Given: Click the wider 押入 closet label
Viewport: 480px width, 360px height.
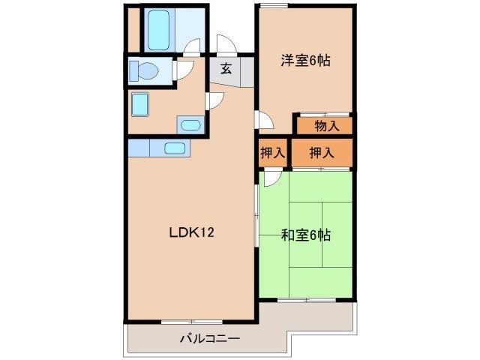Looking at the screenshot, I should (x=322, y=154).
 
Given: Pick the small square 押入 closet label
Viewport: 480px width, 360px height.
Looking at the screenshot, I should (x=272, y=154).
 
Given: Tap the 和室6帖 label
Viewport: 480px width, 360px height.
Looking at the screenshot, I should (x=305, y=235).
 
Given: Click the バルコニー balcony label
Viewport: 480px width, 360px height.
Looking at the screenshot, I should (x=209, y=338).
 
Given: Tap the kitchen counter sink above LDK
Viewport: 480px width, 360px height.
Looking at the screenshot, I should (x=175, y=148).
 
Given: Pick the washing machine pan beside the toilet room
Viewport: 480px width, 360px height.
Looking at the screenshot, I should (x=140, y=103).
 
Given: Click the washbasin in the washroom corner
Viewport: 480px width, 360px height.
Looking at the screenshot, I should (x=190, y=125).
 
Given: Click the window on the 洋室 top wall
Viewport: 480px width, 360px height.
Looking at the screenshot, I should (x=274, y=6).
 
